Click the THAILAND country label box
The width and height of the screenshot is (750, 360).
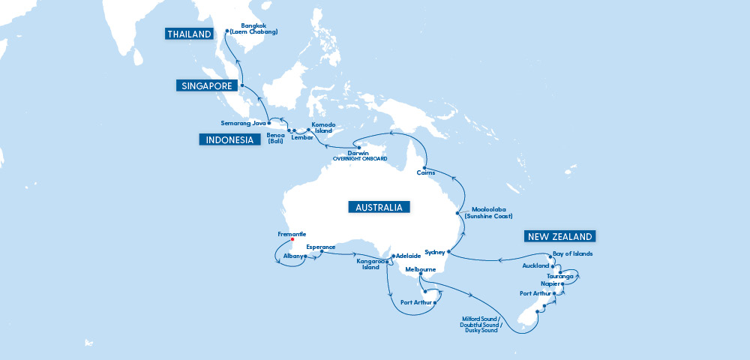pos(188,33)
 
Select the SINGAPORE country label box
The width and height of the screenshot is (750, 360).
pos(207,86)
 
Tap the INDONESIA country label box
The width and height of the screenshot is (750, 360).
pos(226,139)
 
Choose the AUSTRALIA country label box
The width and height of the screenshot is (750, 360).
pos(379,207)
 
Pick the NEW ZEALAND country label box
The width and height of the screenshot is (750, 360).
pos(559,236)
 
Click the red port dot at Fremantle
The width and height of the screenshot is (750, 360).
pos(292,240)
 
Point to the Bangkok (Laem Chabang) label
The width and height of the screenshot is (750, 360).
pos(254,28)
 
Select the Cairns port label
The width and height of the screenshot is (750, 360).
pos(424,173)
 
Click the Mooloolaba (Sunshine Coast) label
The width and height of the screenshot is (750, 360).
pos(487,212)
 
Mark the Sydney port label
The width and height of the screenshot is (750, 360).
pos(435,252)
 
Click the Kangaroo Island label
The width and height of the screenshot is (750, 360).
pos(370,264)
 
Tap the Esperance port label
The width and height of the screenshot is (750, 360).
pos(321,246)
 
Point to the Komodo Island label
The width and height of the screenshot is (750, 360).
pos(323,127)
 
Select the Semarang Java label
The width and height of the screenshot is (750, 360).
pos(244,122)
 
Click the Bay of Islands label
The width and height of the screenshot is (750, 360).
pos(572,253)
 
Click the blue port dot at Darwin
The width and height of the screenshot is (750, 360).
pos(359,147)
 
